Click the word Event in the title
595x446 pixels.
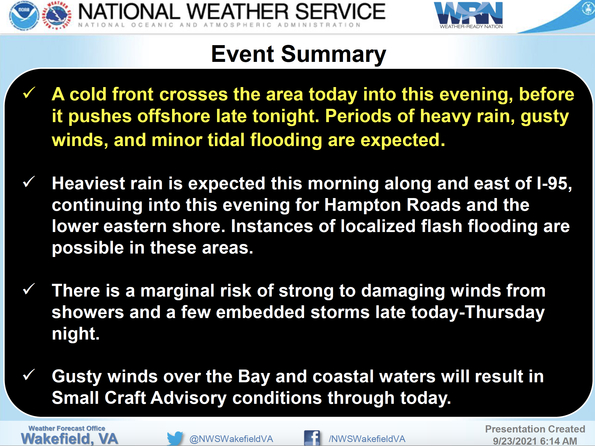tap(242, 54)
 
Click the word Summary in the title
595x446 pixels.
tap(334, 55)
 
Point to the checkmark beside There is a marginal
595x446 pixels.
tap(29, 289)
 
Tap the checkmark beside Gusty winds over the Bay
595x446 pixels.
tap(29, 375)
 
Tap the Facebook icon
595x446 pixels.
tap(312, 438)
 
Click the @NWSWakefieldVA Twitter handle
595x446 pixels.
tap(231, 439)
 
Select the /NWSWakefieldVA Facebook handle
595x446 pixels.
tap(367, 439)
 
